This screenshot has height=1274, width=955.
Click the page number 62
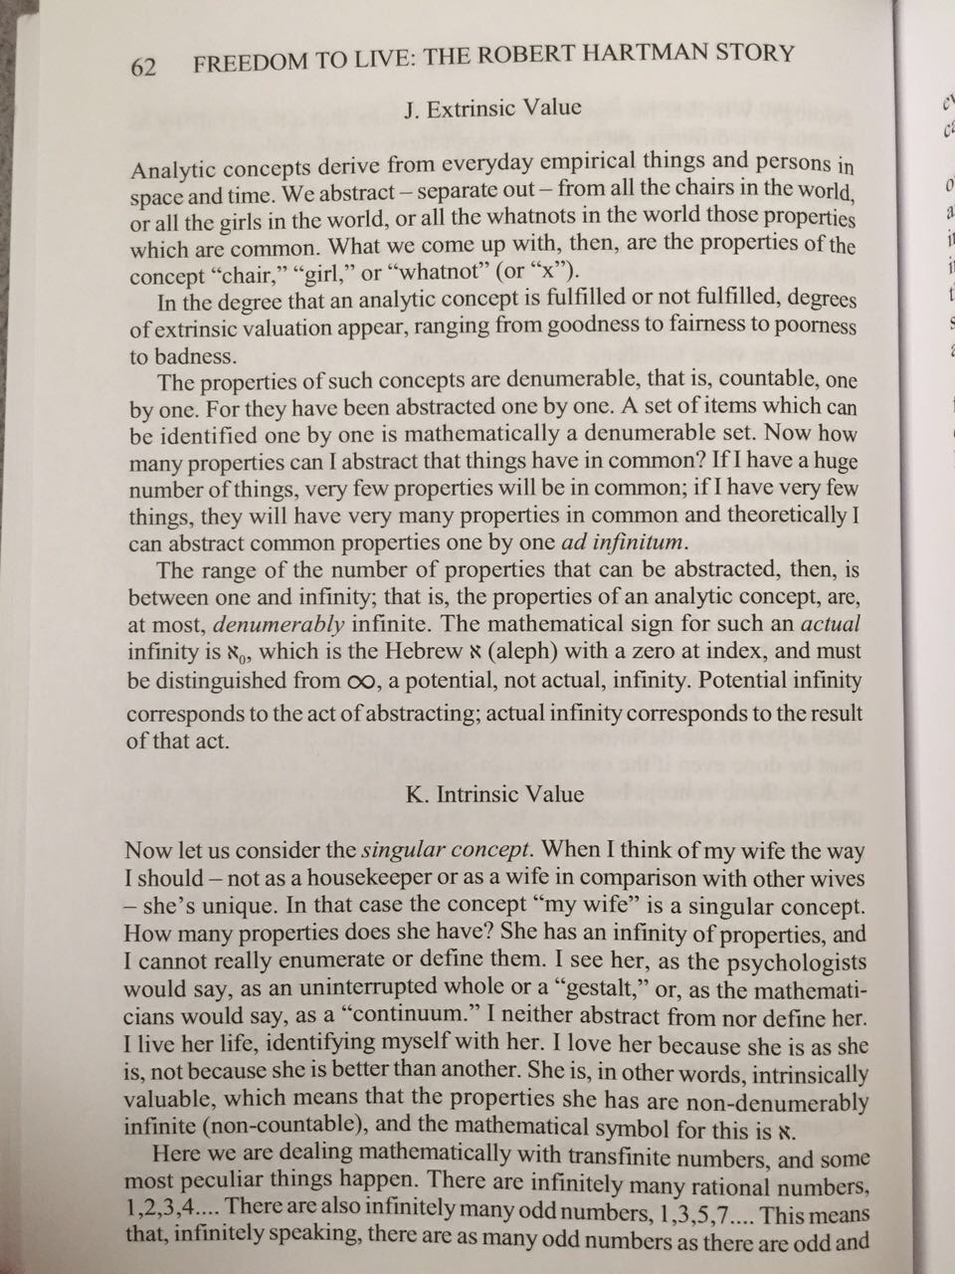click(143, 67)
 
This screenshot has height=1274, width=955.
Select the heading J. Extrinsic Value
click(493, 108)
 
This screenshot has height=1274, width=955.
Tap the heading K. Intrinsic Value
click(495, 795)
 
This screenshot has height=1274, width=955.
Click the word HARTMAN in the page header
click(622, 58)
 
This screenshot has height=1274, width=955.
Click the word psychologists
click(795, 963)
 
